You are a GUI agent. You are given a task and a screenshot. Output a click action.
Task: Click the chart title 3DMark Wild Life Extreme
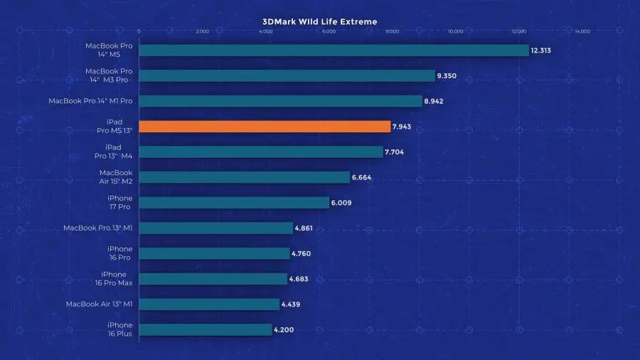[x=319, y=21]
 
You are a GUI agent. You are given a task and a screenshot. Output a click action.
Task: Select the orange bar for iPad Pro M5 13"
[x=265, y=127]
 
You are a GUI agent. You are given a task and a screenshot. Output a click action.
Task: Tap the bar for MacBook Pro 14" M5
[x=334, y=51]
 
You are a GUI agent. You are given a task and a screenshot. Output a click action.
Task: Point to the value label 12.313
[x=540, y=51]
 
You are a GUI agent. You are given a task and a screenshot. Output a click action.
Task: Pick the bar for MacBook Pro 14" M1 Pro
[x=280, y=101]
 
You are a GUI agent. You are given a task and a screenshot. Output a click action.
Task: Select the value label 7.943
[x=401, y=127]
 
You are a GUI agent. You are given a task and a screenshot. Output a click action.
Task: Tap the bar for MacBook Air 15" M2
[x=244, y=177]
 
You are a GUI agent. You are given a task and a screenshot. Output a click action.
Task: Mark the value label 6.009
[x=341, y=203]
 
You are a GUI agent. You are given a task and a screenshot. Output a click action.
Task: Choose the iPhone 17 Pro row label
[x=119, y=203]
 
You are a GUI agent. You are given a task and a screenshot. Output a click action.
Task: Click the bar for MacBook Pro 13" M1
[x=215, y=228]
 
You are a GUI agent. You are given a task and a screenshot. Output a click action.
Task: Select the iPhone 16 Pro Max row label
[x=114, y=279]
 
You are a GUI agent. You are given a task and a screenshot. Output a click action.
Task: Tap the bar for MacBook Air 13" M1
[x=209, y=305]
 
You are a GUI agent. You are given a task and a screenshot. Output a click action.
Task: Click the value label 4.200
[x=283, y=330]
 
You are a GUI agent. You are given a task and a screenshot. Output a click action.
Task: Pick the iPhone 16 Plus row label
[x=119, y=329]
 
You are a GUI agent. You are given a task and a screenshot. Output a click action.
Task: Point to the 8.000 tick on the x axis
[x=392, y=31]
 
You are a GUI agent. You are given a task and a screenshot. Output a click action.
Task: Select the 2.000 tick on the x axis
[x=202, y=31]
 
